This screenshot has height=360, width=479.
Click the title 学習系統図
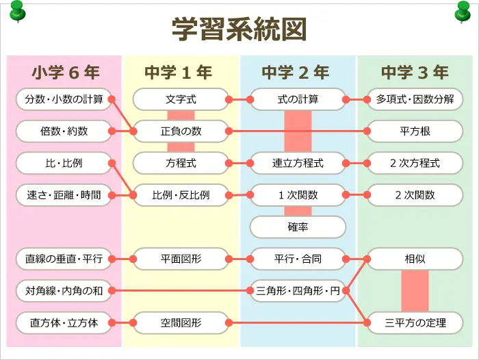coord(239,30)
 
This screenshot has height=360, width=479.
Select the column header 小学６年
coord(64,72)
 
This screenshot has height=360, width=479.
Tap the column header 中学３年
coord(415,72)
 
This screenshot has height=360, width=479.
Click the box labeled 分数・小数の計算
coord(64,99)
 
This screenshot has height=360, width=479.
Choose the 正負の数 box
coord(181,131)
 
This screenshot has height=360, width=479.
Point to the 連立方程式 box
coord(298,163)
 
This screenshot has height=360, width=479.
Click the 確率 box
coord(298,227)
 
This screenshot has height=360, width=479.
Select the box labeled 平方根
coord(415,131)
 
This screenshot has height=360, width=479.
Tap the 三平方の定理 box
coord(415,322)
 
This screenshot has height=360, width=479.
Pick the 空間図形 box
coord(181,322)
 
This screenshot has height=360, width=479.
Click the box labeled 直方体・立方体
coord(64,322)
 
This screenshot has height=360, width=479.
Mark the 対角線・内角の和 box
coord(64,291)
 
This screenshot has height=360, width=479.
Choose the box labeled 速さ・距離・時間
coord(64,195)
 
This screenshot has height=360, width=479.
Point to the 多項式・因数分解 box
coord(415,99)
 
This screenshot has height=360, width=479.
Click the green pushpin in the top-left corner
coord(17,10)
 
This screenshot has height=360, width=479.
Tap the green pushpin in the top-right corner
coord(463,10)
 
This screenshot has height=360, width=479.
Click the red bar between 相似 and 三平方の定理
coord(415,291)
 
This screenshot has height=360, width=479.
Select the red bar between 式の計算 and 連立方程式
coord(298,131)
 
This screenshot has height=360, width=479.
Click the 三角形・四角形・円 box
coord(298,291)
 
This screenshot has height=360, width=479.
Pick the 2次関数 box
coord(415,195)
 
